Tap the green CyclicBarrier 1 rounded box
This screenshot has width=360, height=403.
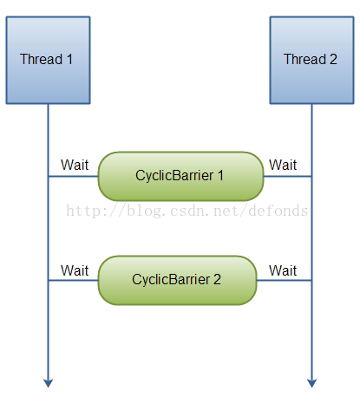pyautogui.click(x=180, y=176)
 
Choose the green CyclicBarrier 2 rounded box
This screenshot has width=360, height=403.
pyautogui.click(x=177, y=280)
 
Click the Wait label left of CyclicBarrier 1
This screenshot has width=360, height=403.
pyautogui.click(x=75, y=166)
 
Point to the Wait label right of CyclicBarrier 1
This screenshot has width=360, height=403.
pyautogui.click(x=284, y=166)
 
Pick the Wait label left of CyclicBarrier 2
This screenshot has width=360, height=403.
pyautogui.click(x=75, y=270)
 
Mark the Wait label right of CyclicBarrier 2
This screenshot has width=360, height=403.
pyautogui.click(x=284, y=270)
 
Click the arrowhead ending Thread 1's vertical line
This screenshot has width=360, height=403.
pyautogui.click(x=49, y=383)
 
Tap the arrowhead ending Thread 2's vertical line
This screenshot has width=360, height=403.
pyautogui.click(x=311, y=383)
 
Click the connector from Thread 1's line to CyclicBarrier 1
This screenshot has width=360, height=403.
pyautogui.click(x=73, y=177)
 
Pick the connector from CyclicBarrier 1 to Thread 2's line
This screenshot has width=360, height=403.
pyautogui.click(x=287, y=177)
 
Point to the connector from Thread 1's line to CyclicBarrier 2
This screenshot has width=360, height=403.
pyautogui.click(x=73, y=281)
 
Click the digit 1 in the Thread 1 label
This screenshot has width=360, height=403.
pyautogui.click(x=71, y=60)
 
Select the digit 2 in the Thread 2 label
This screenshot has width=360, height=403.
pyautogui.click(x=335, y=60)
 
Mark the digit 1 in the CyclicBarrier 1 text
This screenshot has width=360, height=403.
pyautogui.click(x=220, y=176)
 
